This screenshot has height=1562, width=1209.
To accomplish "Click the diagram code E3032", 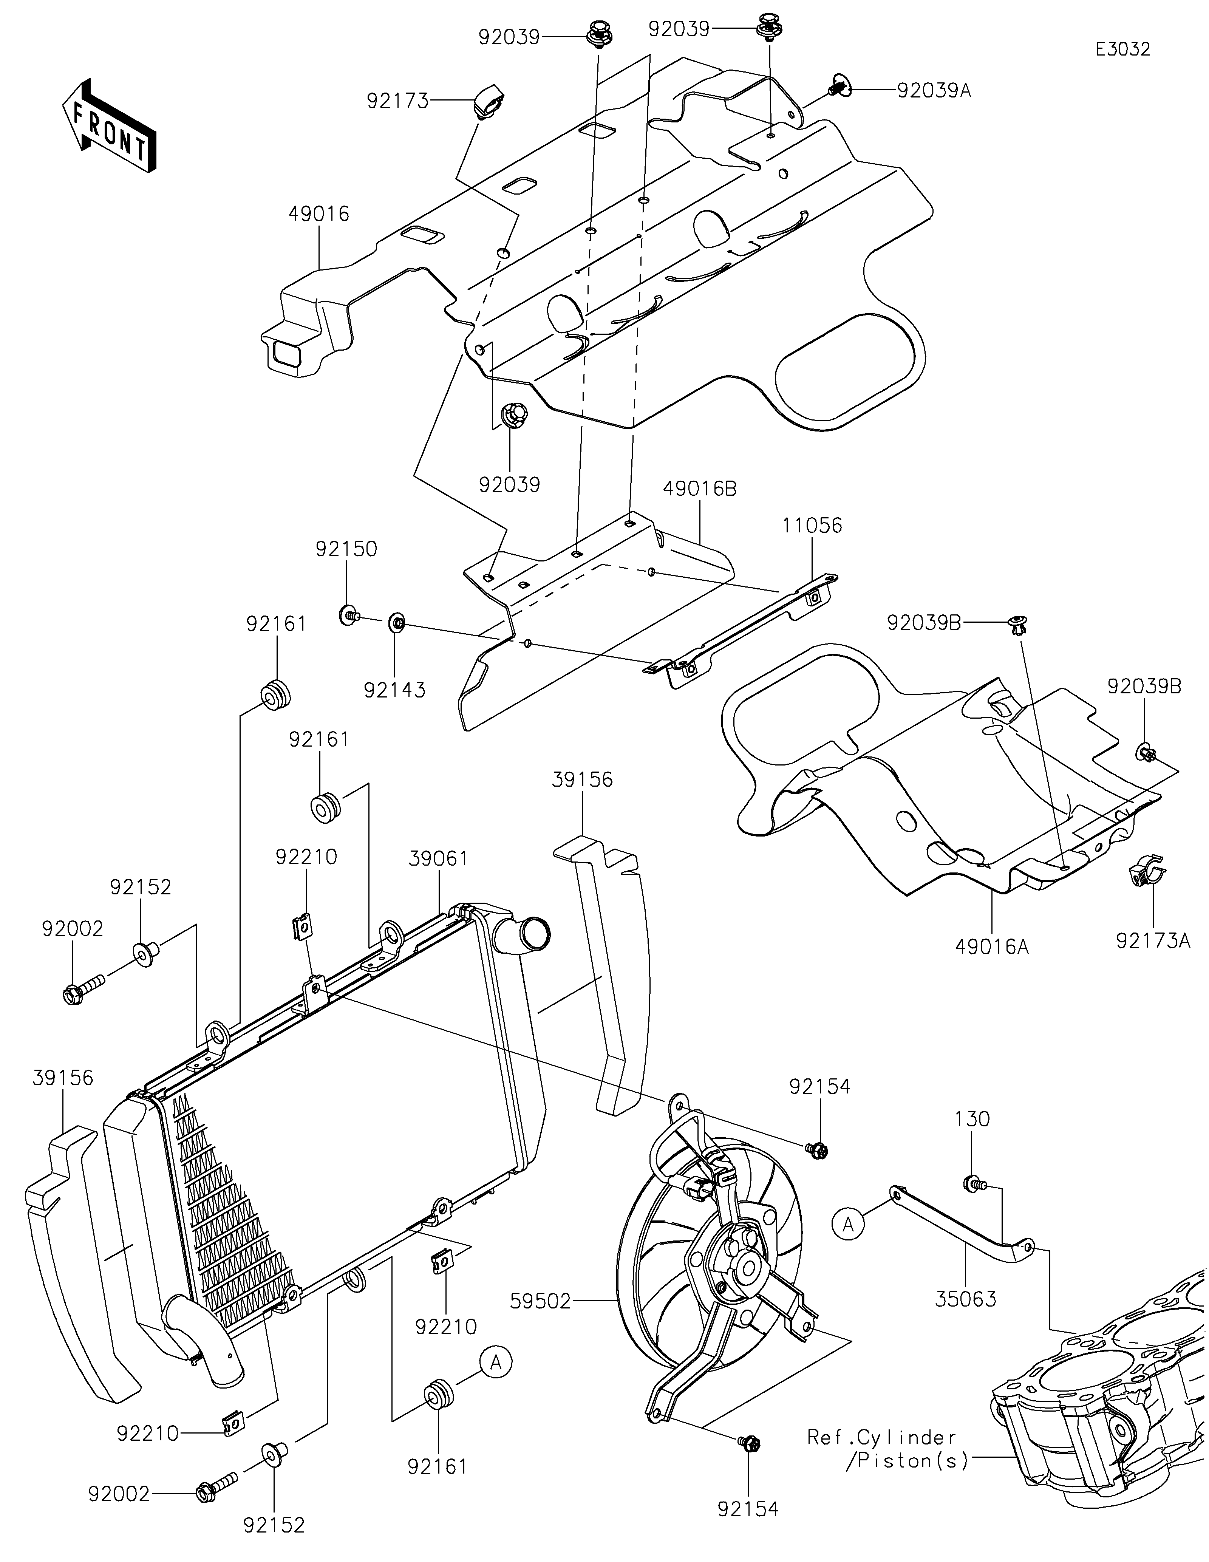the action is tap(1122, 49).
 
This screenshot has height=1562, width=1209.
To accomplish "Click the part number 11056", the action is tap(812, 526).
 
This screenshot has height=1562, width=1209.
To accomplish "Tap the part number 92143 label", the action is tap(395, 690).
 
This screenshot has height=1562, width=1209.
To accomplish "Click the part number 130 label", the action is tap(972, 1118).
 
